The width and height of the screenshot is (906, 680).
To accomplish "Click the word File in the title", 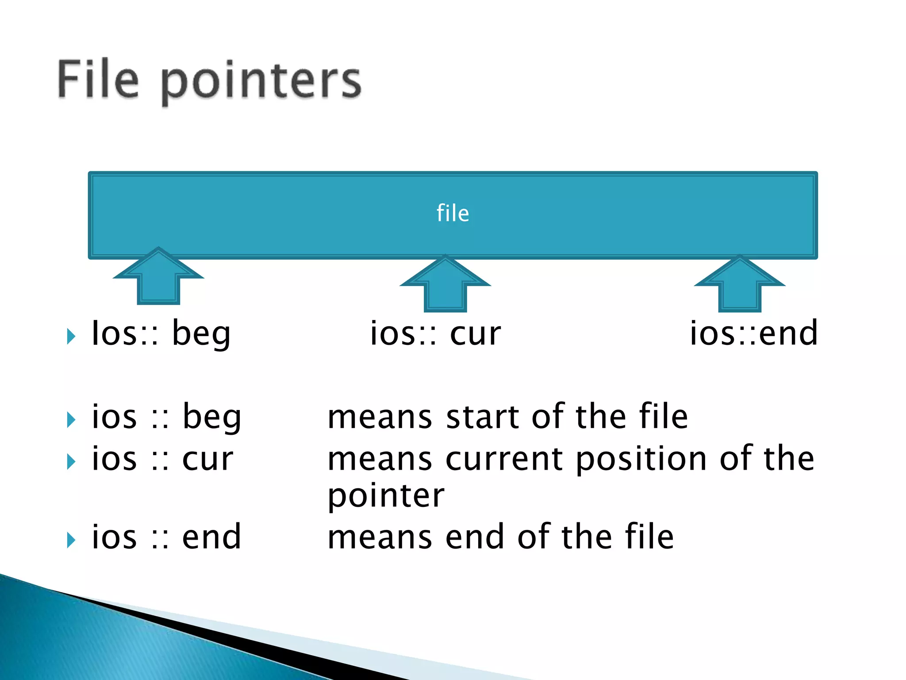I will tap(98, 80).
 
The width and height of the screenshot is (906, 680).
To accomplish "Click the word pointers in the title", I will tap(261, 82).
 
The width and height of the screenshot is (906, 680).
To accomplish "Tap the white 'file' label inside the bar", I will tap(453, 213).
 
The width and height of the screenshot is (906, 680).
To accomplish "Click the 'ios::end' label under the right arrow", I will tap(753, 333).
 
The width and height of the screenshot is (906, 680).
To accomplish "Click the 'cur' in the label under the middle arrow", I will tap(475, 334).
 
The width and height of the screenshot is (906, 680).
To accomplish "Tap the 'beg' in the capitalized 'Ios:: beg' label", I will tap(201, 335).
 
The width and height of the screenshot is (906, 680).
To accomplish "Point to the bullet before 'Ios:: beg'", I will tap(71, 336).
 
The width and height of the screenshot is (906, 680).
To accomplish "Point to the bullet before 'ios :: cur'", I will tap(71, 462).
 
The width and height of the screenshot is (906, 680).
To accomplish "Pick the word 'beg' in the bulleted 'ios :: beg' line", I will tap(212, 418).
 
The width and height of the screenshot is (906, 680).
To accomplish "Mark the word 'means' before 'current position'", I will tap(380, 460).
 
